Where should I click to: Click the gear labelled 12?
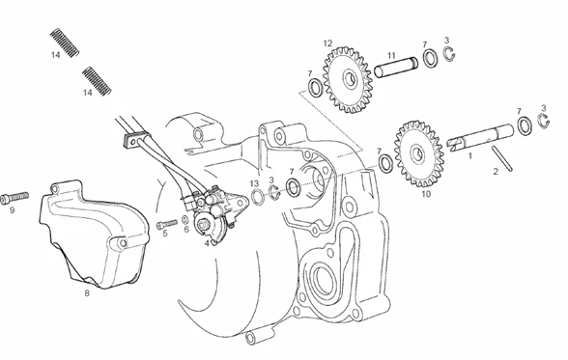348,79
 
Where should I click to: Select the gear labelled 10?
419,153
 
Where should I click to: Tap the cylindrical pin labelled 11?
396,67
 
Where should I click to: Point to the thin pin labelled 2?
501,158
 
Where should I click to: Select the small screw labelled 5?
166,224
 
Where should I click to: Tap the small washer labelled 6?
185,220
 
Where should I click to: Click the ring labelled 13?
257,197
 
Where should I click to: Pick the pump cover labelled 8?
94,235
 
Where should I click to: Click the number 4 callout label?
207,243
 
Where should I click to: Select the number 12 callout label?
327,43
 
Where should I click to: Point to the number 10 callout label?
426,194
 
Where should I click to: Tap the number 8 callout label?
87,293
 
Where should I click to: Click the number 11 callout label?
391,56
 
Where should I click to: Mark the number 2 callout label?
496,172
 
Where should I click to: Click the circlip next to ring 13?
274,192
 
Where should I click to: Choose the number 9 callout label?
12,210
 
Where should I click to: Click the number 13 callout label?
254,183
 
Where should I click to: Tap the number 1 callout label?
470,156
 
